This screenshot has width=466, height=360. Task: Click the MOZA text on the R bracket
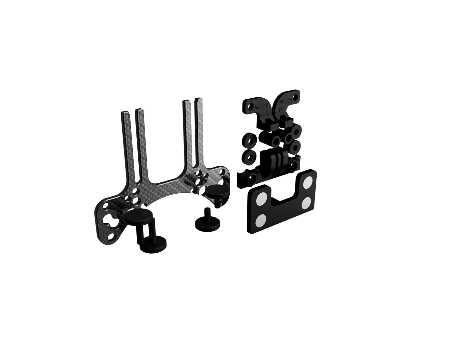(285, 103)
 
